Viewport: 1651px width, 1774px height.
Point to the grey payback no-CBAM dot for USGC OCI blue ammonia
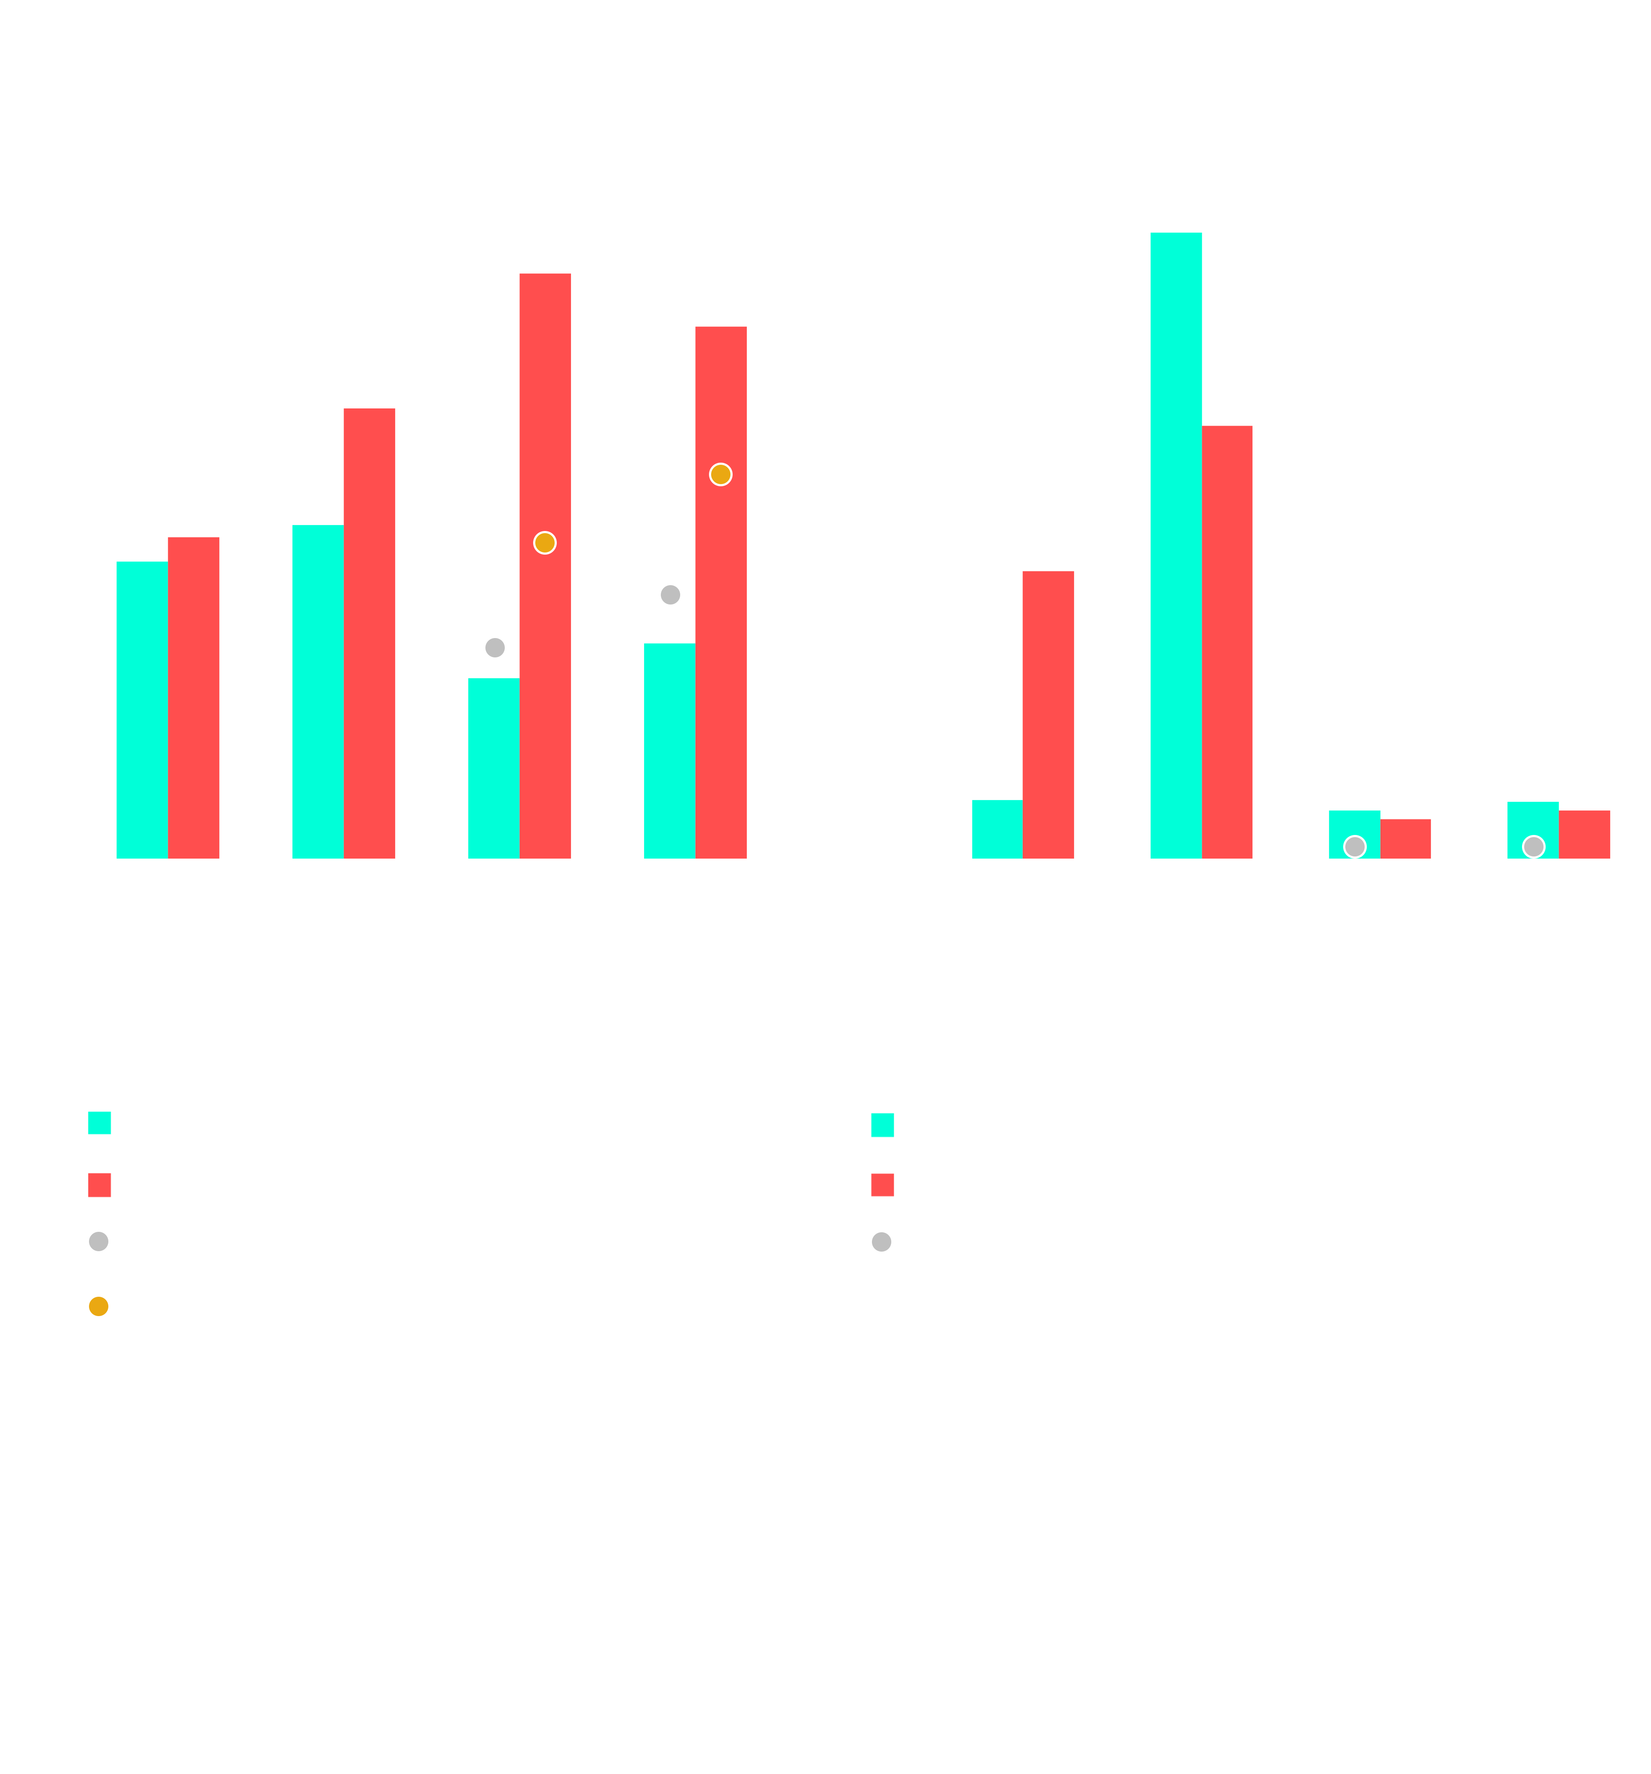click(x=494, y=647)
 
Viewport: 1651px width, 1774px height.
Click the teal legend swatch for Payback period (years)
click(x=99, y=1122)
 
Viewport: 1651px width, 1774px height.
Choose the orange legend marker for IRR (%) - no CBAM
click(x=98, y=1306)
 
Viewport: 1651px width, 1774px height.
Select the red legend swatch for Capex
click(x=882, y=1184)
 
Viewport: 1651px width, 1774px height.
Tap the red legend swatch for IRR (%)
click(x=99, y=1184)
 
